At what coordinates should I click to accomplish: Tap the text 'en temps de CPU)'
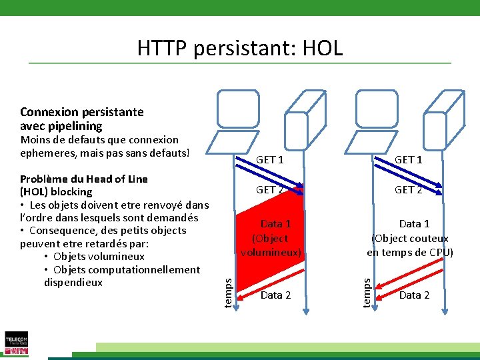coord(410,252)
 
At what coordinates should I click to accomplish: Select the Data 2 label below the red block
coord(275,295)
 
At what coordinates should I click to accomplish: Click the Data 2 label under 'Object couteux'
coord(414,295)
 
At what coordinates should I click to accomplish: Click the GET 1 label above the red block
coord(270,160)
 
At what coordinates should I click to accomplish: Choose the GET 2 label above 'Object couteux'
coord(408,189)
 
